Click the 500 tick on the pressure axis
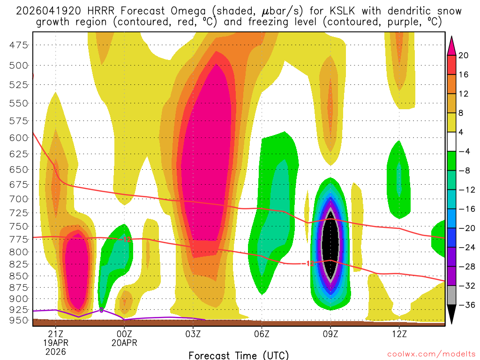pyautogui.click(x=19, y=65)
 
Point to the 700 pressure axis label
pyautogui.click(x=19, y=199)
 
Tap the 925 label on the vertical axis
pyautogui.click(x=19, y=309)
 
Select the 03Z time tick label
pyautogui.click(x=193, y=334)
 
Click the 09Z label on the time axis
pyautogui.click(x=330, y=334)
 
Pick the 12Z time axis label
pyautogui.click(x=399, y=334)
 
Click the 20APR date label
pyautogui.click(x=124, y=343)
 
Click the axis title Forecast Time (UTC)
pyautogui.click(x=239, y=355)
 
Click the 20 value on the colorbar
pyautogui.click(x=464, y=55)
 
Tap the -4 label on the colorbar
pyautogui.click(x=464, y=151)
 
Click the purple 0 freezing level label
pyautogui.click(x=101, y=309)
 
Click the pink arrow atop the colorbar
pyautogui.click(x=452, y=45)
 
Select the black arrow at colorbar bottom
pyautogui.click(x=452, y=317)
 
